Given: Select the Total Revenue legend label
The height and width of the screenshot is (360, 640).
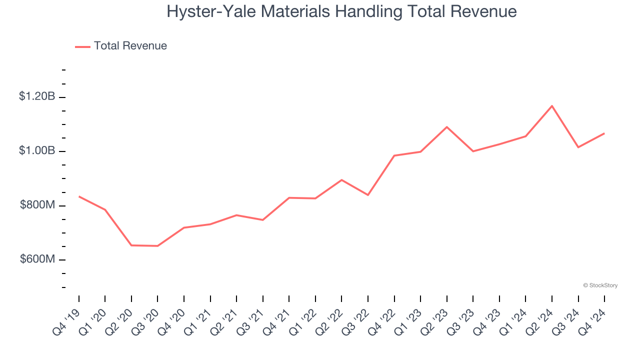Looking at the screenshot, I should click(130, 46).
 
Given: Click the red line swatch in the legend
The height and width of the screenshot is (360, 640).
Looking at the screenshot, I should click(82, 46).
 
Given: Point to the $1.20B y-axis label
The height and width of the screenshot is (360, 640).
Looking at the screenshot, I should click(37, 96).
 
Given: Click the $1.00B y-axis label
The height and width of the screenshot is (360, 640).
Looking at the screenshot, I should click(37, 151).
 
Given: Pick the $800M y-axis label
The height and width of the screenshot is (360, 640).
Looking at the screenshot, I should click(37, 205).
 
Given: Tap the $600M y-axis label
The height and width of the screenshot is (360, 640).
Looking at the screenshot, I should click(37, 259).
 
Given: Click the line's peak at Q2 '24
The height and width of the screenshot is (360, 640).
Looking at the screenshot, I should click(552, 106).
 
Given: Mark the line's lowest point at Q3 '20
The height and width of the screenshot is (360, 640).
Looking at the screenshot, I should click(157, 246).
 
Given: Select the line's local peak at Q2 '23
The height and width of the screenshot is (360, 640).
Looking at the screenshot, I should click(446, 127).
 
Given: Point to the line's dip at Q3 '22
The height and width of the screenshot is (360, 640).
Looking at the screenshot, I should click(368, 195).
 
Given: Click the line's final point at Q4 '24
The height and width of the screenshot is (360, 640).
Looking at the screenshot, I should click(604, 133).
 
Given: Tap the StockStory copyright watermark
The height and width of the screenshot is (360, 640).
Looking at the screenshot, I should click(600, 285).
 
